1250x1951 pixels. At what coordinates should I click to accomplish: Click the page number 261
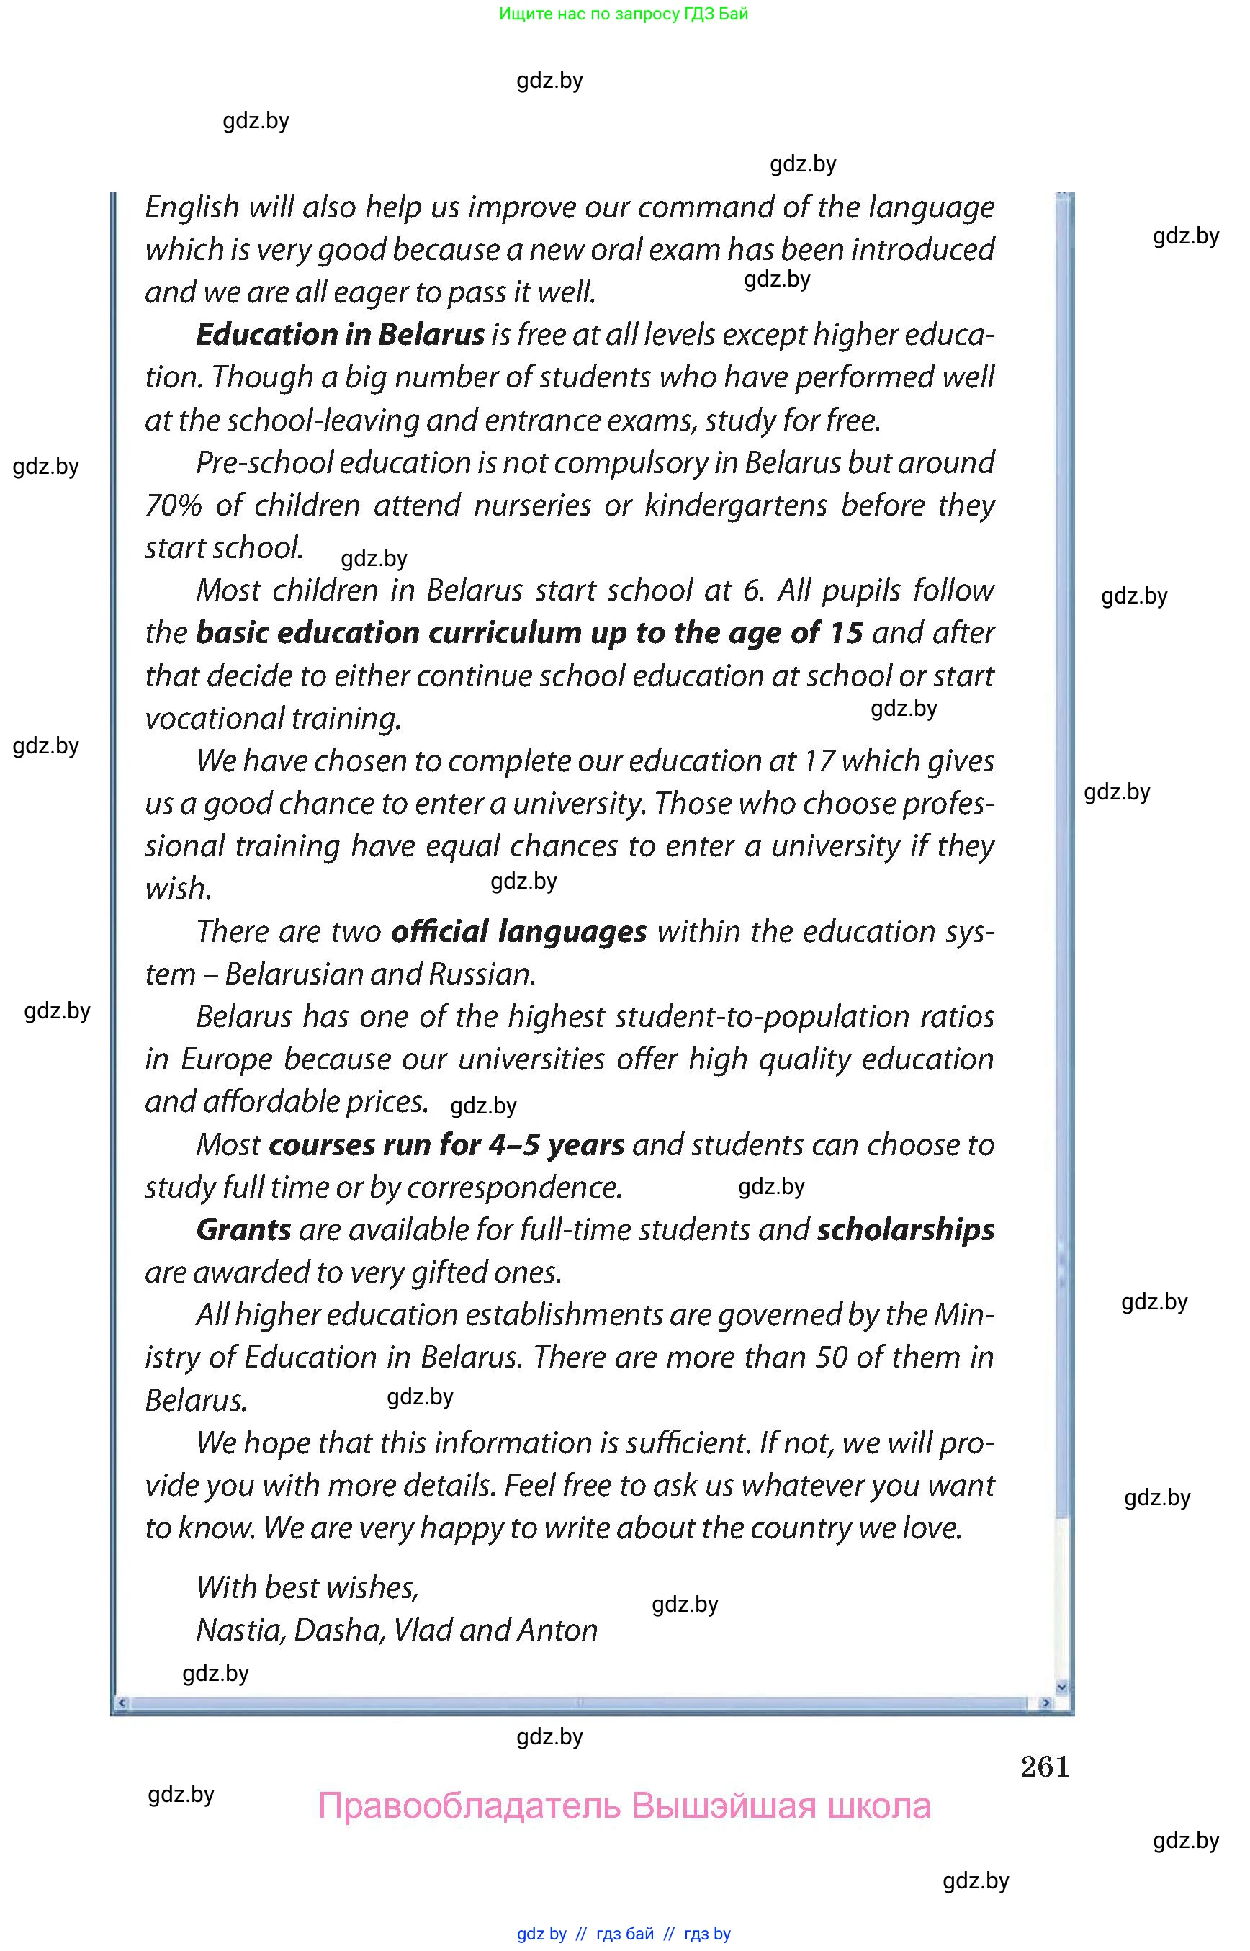tap(1045, 1767)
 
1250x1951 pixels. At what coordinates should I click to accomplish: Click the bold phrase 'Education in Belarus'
tap(340, 334)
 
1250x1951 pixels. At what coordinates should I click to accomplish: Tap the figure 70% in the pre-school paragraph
tap(173, 506)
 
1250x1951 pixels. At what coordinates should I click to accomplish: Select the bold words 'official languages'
tap(518, 931)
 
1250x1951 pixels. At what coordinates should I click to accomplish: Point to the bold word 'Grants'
tap(243, 1230)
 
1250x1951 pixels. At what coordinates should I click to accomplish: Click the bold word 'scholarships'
tap(905, 1230)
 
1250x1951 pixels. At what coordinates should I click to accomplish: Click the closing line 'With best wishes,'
tap(307, 1587)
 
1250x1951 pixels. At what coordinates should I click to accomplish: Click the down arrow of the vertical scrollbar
tap(1061, 1686)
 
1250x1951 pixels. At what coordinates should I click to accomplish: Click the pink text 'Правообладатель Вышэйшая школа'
tap(624, 1806)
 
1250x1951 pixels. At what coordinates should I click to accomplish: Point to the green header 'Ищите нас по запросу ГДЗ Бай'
tap(624, 14)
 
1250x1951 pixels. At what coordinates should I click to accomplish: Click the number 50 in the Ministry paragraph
tap(831, 1358)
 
